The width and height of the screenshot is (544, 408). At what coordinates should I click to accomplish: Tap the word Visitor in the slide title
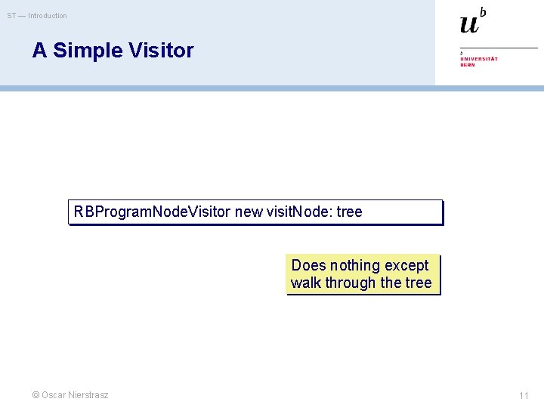click(x=161, y=51)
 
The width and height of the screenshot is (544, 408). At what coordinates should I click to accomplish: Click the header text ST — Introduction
click(x=37, y=16)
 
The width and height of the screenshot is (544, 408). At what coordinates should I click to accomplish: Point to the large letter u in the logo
click(x=469, y=24)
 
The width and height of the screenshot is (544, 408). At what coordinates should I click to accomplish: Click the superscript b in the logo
click(x=483, y=11)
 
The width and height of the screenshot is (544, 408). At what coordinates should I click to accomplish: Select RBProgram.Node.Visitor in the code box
click(x=152, y=212)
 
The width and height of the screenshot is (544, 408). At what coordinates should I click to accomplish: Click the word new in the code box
click(x=249, y=212)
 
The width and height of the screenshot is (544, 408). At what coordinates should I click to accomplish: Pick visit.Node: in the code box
click(x=299, y=212)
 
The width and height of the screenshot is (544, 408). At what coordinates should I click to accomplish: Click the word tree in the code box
click(x=349, y=212)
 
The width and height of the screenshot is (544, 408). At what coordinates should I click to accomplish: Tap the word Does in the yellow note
click(x=308, y=265)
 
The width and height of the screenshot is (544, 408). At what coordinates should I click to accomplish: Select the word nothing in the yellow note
click(x=354, y=265)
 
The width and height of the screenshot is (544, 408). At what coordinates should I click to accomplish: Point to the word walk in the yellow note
click(x=306, y=283)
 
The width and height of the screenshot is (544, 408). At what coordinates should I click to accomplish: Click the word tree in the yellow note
click(x=418, y=283)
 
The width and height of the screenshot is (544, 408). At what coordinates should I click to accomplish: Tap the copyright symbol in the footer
click(x=35, y=395)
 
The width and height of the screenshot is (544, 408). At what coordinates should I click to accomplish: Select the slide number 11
click(x=524, y=396)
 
